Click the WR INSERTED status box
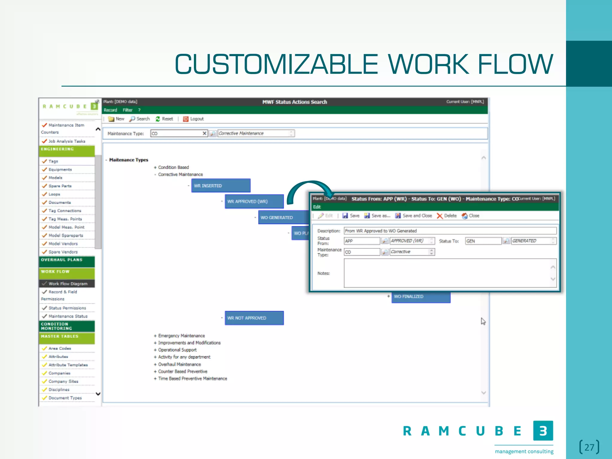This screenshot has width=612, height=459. [221, 186]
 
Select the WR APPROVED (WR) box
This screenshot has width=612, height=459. [254, 201]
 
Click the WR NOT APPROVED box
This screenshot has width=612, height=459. [254, 318]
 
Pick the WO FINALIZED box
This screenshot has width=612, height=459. [421, 297]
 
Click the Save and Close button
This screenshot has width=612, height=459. [414, 216]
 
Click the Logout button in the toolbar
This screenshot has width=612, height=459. [194, 119]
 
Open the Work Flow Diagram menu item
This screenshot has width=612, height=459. [68, 284]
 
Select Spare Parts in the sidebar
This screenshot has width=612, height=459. [60, 186]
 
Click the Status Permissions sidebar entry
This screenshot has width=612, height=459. [67, 308]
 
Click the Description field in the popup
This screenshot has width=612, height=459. [450, 231]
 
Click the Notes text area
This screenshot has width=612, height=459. [447, 273]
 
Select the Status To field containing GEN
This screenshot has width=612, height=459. [483, 241]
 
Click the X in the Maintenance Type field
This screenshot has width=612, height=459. [204, 133]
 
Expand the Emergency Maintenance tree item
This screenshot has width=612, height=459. [155, 336]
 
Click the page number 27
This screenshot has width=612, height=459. [589, 447]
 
